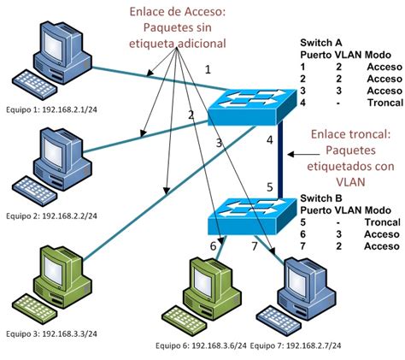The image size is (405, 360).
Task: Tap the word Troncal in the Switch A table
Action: [x=381, y=102]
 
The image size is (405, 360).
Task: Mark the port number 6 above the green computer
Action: [x=214, y=246]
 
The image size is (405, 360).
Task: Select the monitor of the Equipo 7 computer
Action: [x=304, y=278]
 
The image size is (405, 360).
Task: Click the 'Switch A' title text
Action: [x=321, y=41]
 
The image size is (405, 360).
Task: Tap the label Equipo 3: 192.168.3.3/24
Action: [x=54, y=333]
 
